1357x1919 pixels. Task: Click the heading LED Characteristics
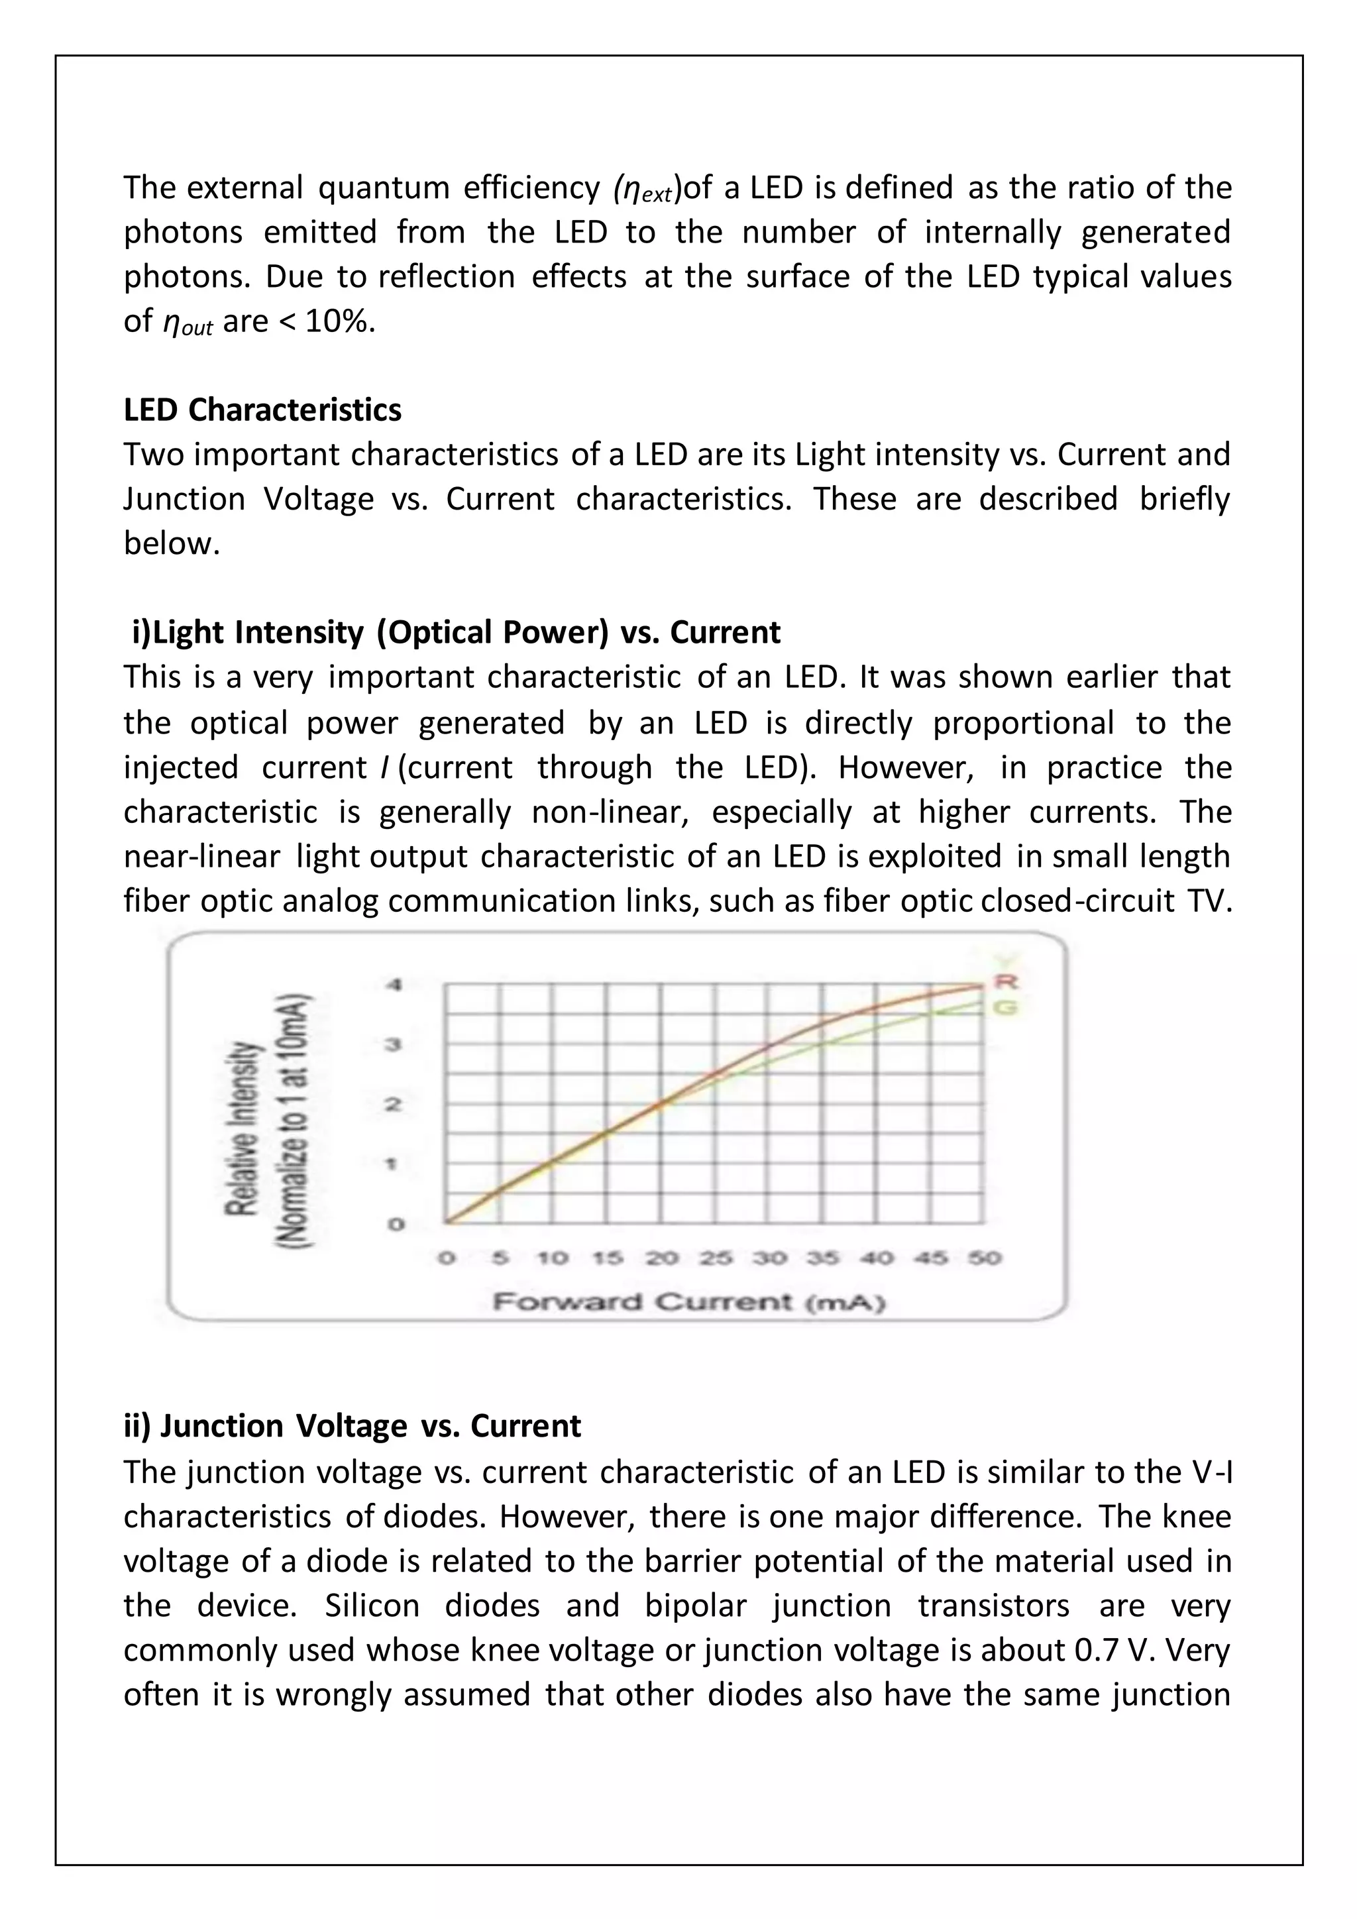pyautogui.click(x=262, y=410)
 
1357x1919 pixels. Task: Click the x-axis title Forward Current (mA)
pyautogui.click(x=688, y=1302)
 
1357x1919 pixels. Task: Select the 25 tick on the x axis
pyautogui.click(x=716, y=1258)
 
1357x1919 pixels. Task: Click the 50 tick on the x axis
pyautogui.click(x=985, y=1258)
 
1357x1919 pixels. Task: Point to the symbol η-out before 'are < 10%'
pyautogui.click(x=186, y=323)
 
